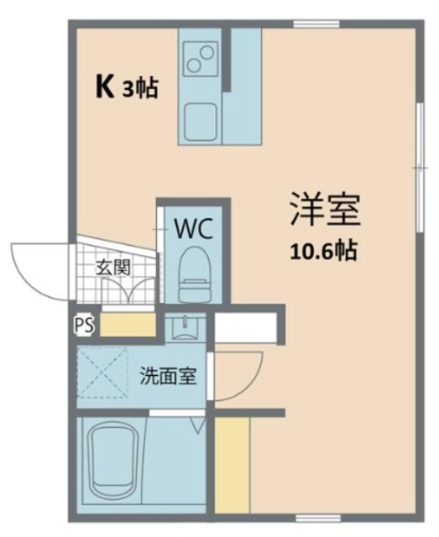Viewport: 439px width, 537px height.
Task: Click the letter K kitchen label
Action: pyautogui.click(x=105, y=88)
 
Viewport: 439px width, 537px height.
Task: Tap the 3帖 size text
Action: pyautogui.click(x=139, y=89)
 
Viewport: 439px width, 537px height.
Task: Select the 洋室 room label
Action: pyautogui.click(x=325, y=210)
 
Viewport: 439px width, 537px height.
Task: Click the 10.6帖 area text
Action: pyautogui.click(x=324, y=251)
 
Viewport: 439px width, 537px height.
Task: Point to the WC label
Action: pyautogui.click(x=194, y=229)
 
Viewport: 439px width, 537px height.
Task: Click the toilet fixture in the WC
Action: pyautogui.click(x=195, y=274)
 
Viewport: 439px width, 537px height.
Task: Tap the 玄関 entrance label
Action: pyautogui.click(x=112, y=268)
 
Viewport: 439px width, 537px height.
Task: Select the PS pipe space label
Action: pyautogui.click(x=84, y=326)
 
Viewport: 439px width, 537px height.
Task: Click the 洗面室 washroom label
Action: pyautogui.click(x=168, y=376)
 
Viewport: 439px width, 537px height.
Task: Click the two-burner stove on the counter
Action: pyautogui.click(x=201, y=59)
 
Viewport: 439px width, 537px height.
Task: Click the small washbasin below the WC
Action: pyautogui.click(x=186, y=327)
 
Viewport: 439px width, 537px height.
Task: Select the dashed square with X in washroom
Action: pyautogui.click(x=102, y=373)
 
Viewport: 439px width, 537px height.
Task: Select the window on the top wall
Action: pyautogui.click(x=316, y=24)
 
